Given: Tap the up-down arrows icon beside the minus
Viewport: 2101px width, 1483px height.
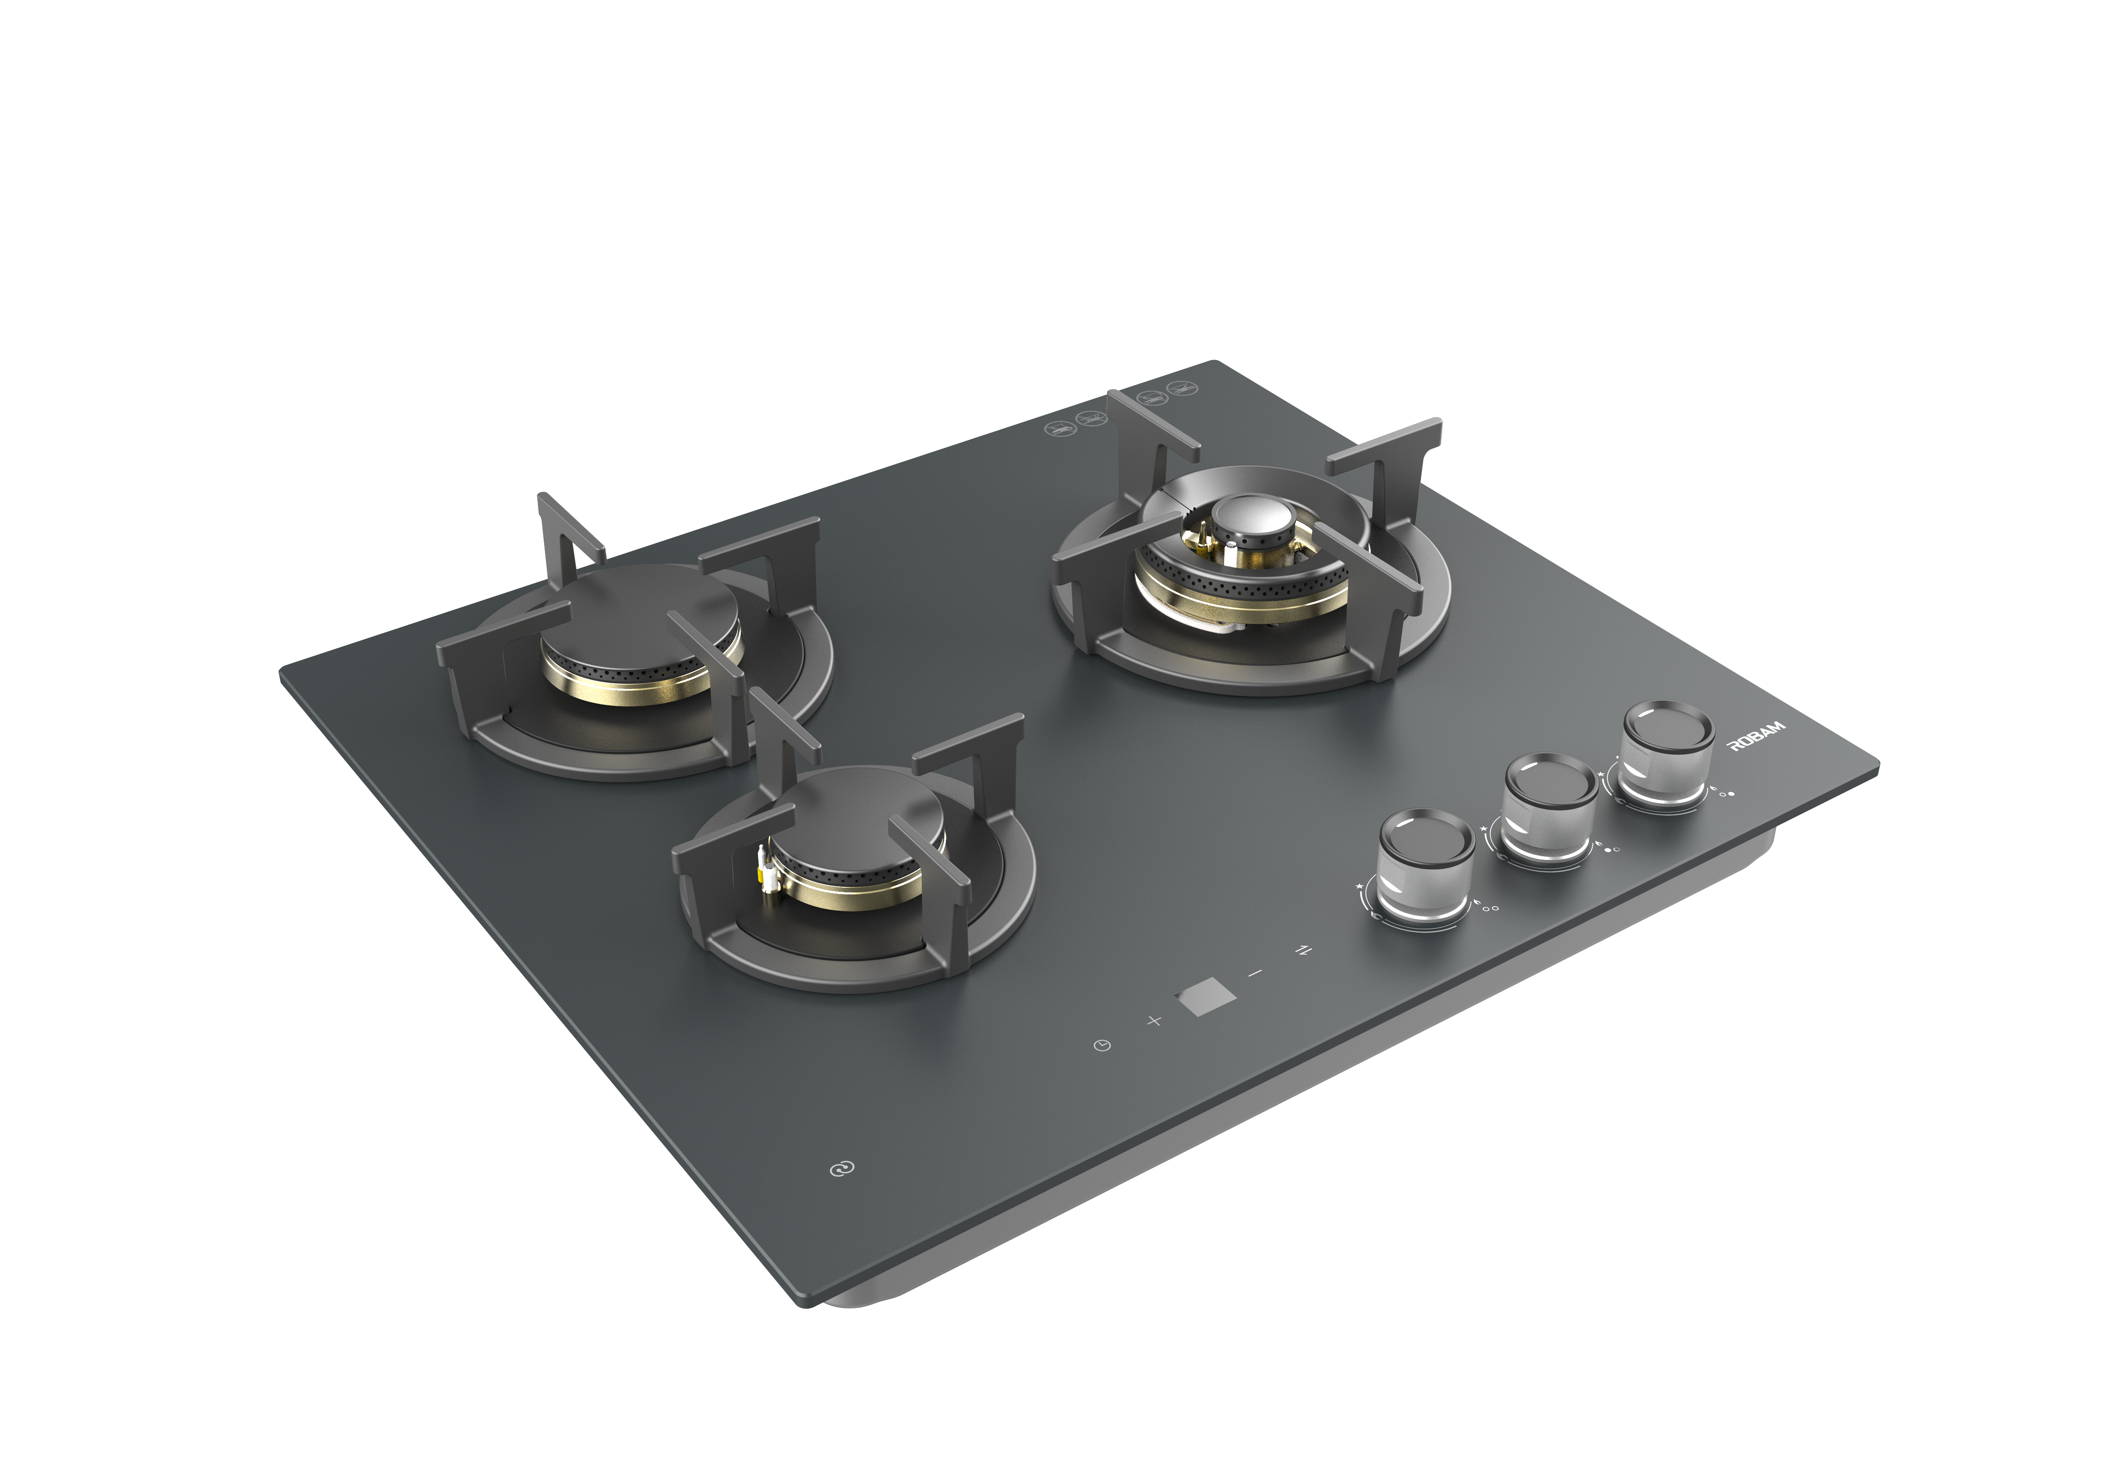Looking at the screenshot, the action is point(1303,951).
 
